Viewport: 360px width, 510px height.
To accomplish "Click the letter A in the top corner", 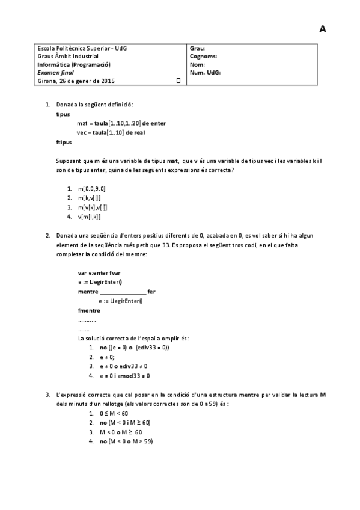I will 323,29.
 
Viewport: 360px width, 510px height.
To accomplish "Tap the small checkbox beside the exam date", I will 178,80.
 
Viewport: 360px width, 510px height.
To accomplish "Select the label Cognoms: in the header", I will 203,56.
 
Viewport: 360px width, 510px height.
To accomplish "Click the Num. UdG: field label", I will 205,72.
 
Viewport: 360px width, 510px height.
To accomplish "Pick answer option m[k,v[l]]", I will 89,197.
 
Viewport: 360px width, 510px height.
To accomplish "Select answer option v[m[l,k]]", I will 89,217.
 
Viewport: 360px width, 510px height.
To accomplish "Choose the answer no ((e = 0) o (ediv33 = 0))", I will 134,348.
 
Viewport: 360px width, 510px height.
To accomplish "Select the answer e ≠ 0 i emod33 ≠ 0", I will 124,376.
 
